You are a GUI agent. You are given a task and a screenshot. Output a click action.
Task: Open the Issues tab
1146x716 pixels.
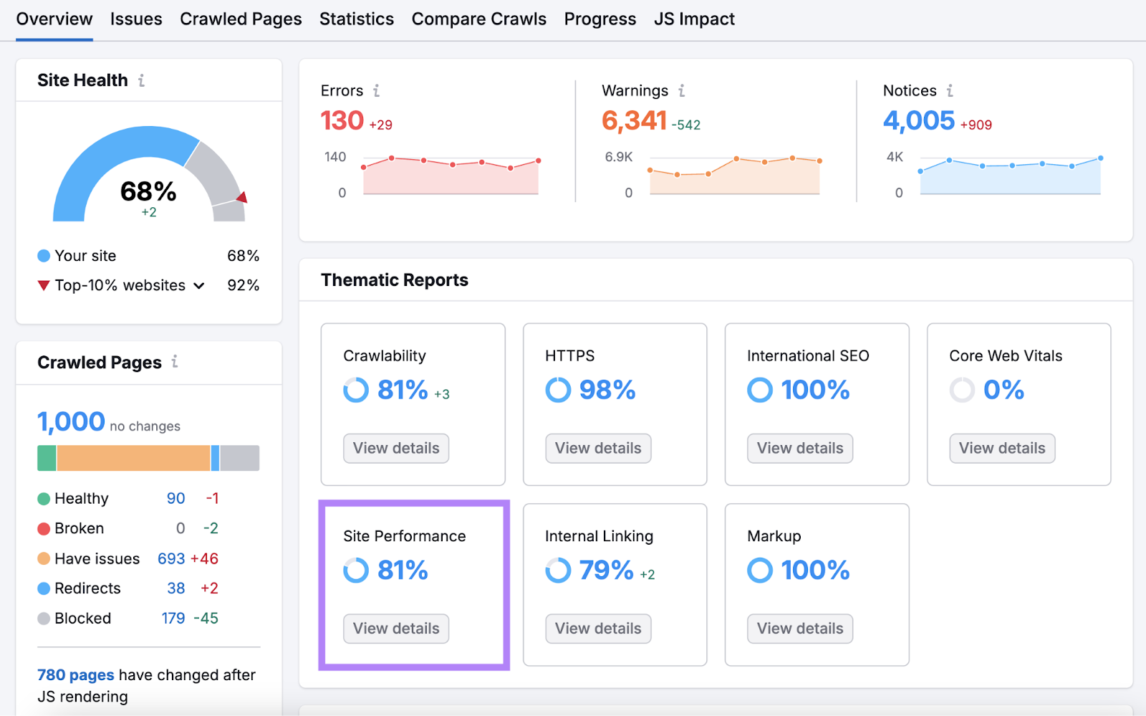136,19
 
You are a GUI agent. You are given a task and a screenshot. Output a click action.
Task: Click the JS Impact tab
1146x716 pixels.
694,19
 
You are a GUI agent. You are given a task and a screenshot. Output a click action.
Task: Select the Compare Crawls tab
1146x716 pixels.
478,19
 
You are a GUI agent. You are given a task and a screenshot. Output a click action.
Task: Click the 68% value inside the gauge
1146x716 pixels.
148,191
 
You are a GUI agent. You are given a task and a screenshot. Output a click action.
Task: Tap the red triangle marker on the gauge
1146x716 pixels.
243,197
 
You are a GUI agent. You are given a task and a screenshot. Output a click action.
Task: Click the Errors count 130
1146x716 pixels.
342,120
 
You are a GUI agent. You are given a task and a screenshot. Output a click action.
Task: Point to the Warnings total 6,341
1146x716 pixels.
634,120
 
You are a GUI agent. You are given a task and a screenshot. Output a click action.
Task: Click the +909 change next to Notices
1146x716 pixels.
976,125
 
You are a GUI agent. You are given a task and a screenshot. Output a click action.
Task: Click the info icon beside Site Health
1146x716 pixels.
141,80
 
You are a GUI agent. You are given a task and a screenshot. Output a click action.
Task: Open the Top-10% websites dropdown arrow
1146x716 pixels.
199,286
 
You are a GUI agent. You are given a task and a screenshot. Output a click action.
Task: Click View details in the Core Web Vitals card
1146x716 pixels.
1001,448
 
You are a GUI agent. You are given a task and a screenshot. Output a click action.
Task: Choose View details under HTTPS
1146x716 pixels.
598,448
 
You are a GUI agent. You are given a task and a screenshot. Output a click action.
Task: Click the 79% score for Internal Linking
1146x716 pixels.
606,571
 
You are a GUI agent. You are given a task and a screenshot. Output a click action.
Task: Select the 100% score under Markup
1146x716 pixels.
814,571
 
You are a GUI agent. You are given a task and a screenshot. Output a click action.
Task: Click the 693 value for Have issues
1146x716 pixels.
171,558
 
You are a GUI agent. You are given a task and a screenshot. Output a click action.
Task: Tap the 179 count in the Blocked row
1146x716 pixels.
173,618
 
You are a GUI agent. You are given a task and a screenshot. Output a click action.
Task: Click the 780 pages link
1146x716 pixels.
75,675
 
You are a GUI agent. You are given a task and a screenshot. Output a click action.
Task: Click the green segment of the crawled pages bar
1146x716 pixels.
47,458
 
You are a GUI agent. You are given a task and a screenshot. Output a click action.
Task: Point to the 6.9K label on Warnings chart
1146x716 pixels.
618,157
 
